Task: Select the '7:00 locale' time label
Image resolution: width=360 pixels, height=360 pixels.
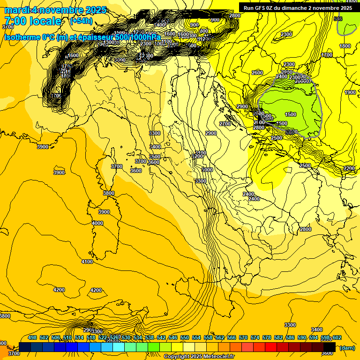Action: [x=33, y=21]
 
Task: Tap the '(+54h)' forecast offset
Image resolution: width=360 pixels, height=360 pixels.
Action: [x=81, y=21]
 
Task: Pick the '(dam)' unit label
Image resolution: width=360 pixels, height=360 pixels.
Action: [x=347, y=348]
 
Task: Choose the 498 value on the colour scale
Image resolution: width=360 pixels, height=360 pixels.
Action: [x=32, y=337]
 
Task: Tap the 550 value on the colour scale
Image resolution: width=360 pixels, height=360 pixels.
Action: [x=185, y=337]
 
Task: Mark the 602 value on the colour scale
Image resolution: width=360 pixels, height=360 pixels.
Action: [x=337, y=337]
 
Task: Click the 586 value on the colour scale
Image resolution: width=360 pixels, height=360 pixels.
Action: [x=290, y=337]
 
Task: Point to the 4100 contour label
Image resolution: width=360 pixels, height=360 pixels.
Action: [x=87, y=262]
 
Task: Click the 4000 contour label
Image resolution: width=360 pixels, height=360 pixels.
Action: [x=97, y=223]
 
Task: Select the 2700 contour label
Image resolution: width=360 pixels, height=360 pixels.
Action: [x=225, y=124]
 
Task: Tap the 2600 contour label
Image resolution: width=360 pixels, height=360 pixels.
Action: [x=257, y=73]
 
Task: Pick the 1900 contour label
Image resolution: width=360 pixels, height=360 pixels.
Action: [x=350, y=93]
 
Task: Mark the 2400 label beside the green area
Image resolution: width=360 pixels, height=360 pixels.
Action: [x=282, y=76]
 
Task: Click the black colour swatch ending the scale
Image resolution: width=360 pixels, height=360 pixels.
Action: [x=329, y=347]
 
